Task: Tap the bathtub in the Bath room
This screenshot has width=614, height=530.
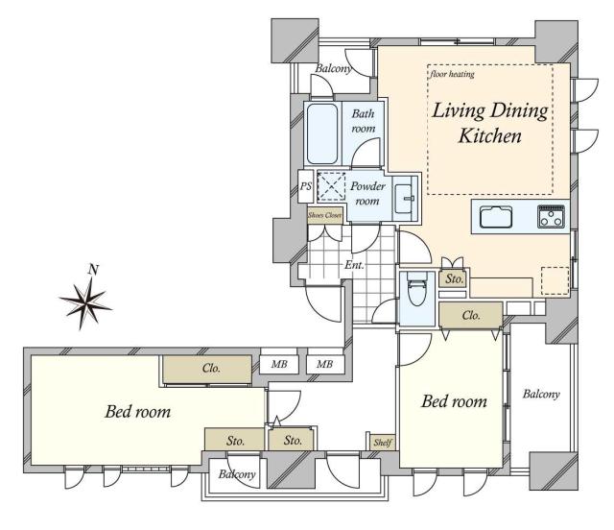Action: click(322, 133)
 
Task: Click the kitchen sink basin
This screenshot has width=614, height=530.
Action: click(496, 216)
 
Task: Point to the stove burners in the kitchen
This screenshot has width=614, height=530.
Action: click(551, 216)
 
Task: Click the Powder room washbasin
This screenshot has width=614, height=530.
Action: click(403, 199)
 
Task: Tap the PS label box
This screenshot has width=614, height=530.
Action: click(305, 186)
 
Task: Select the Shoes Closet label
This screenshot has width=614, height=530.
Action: click(324, 215)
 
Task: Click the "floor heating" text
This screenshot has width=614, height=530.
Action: click(452, 74)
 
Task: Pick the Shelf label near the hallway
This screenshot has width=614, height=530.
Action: click(382, 443)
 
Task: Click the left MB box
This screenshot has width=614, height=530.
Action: click(279, 364)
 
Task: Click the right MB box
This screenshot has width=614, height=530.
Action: click(325, 364)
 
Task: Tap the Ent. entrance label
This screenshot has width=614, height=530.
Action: click(354, 265)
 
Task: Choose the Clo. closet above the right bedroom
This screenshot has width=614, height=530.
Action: click(471, 315)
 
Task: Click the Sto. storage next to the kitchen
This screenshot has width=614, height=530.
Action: click(454, 278)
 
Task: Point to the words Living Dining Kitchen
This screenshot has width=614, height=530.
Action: click(490, 123)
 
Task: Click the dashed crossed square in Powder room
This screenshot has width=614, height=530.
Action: click(331, 186)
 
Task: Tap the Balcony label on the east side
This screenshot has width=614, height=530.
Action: click(541, 394)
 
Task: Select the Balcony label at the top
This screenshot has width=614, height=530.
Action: click(333, 68)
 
